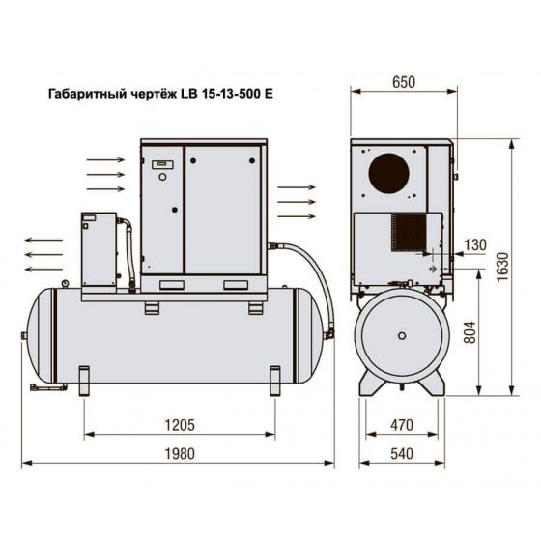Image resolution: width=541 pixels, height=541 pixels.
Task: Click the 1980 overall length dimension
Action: [x=180, y=453]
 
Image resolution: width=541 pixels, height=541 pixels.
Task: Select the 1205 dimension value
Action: [x=180, y=425]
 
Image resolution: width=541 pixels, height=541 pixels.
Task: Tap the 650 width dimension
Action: [x=404, y=82]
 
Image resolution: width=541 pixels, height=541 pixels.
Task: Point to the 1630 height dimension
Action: [x=502, y=267]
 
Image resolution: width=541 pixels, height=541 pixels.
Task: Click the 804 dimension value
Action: [x=470, y=332]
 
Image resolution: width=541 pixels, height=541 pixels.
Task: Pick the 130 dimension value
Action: [x=475, y=245]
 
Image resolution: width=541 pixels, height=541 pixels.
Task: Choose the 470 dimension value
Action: [x=402, y=425]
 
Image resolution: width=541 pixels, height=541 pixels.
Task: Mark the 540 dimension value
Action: [x=402, y=454]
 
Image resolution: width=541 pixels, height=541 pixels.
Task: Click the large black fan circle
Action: [x=388, y=173]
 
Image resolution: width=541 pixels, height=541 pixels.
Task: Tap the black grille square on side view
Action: [x=409, y=233]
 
